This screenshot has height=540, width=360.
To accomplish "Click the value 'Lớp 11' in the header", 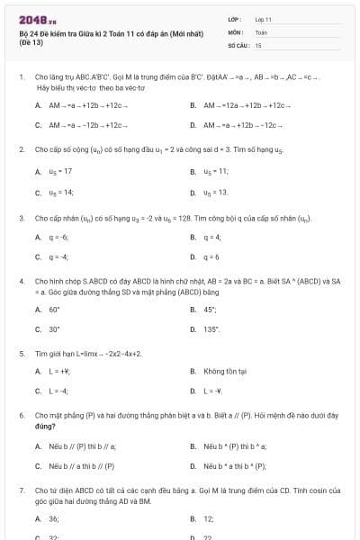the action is click(x=264, y=19).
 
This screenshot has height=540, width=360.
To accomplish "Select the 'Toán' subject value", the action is click(x=261, y=31).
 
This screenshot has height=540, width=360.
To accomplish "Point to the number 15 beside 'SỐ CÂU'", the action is click(x=258, y=44).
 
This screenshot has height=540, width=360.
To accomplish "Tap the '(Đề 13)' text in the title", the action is click(x=30, y=42).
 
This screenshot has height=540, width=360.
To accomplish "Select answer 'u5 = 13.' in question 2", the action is click(x=215, y=192).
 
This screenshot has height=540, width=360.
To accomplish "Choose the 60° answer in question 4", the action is click(x=55, y=309).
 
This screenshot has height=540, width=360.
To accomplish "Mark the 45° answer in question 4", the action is click(x=212, y=309).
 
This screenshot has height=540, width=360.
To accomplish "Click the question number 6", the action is click(x=21, y=416).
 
